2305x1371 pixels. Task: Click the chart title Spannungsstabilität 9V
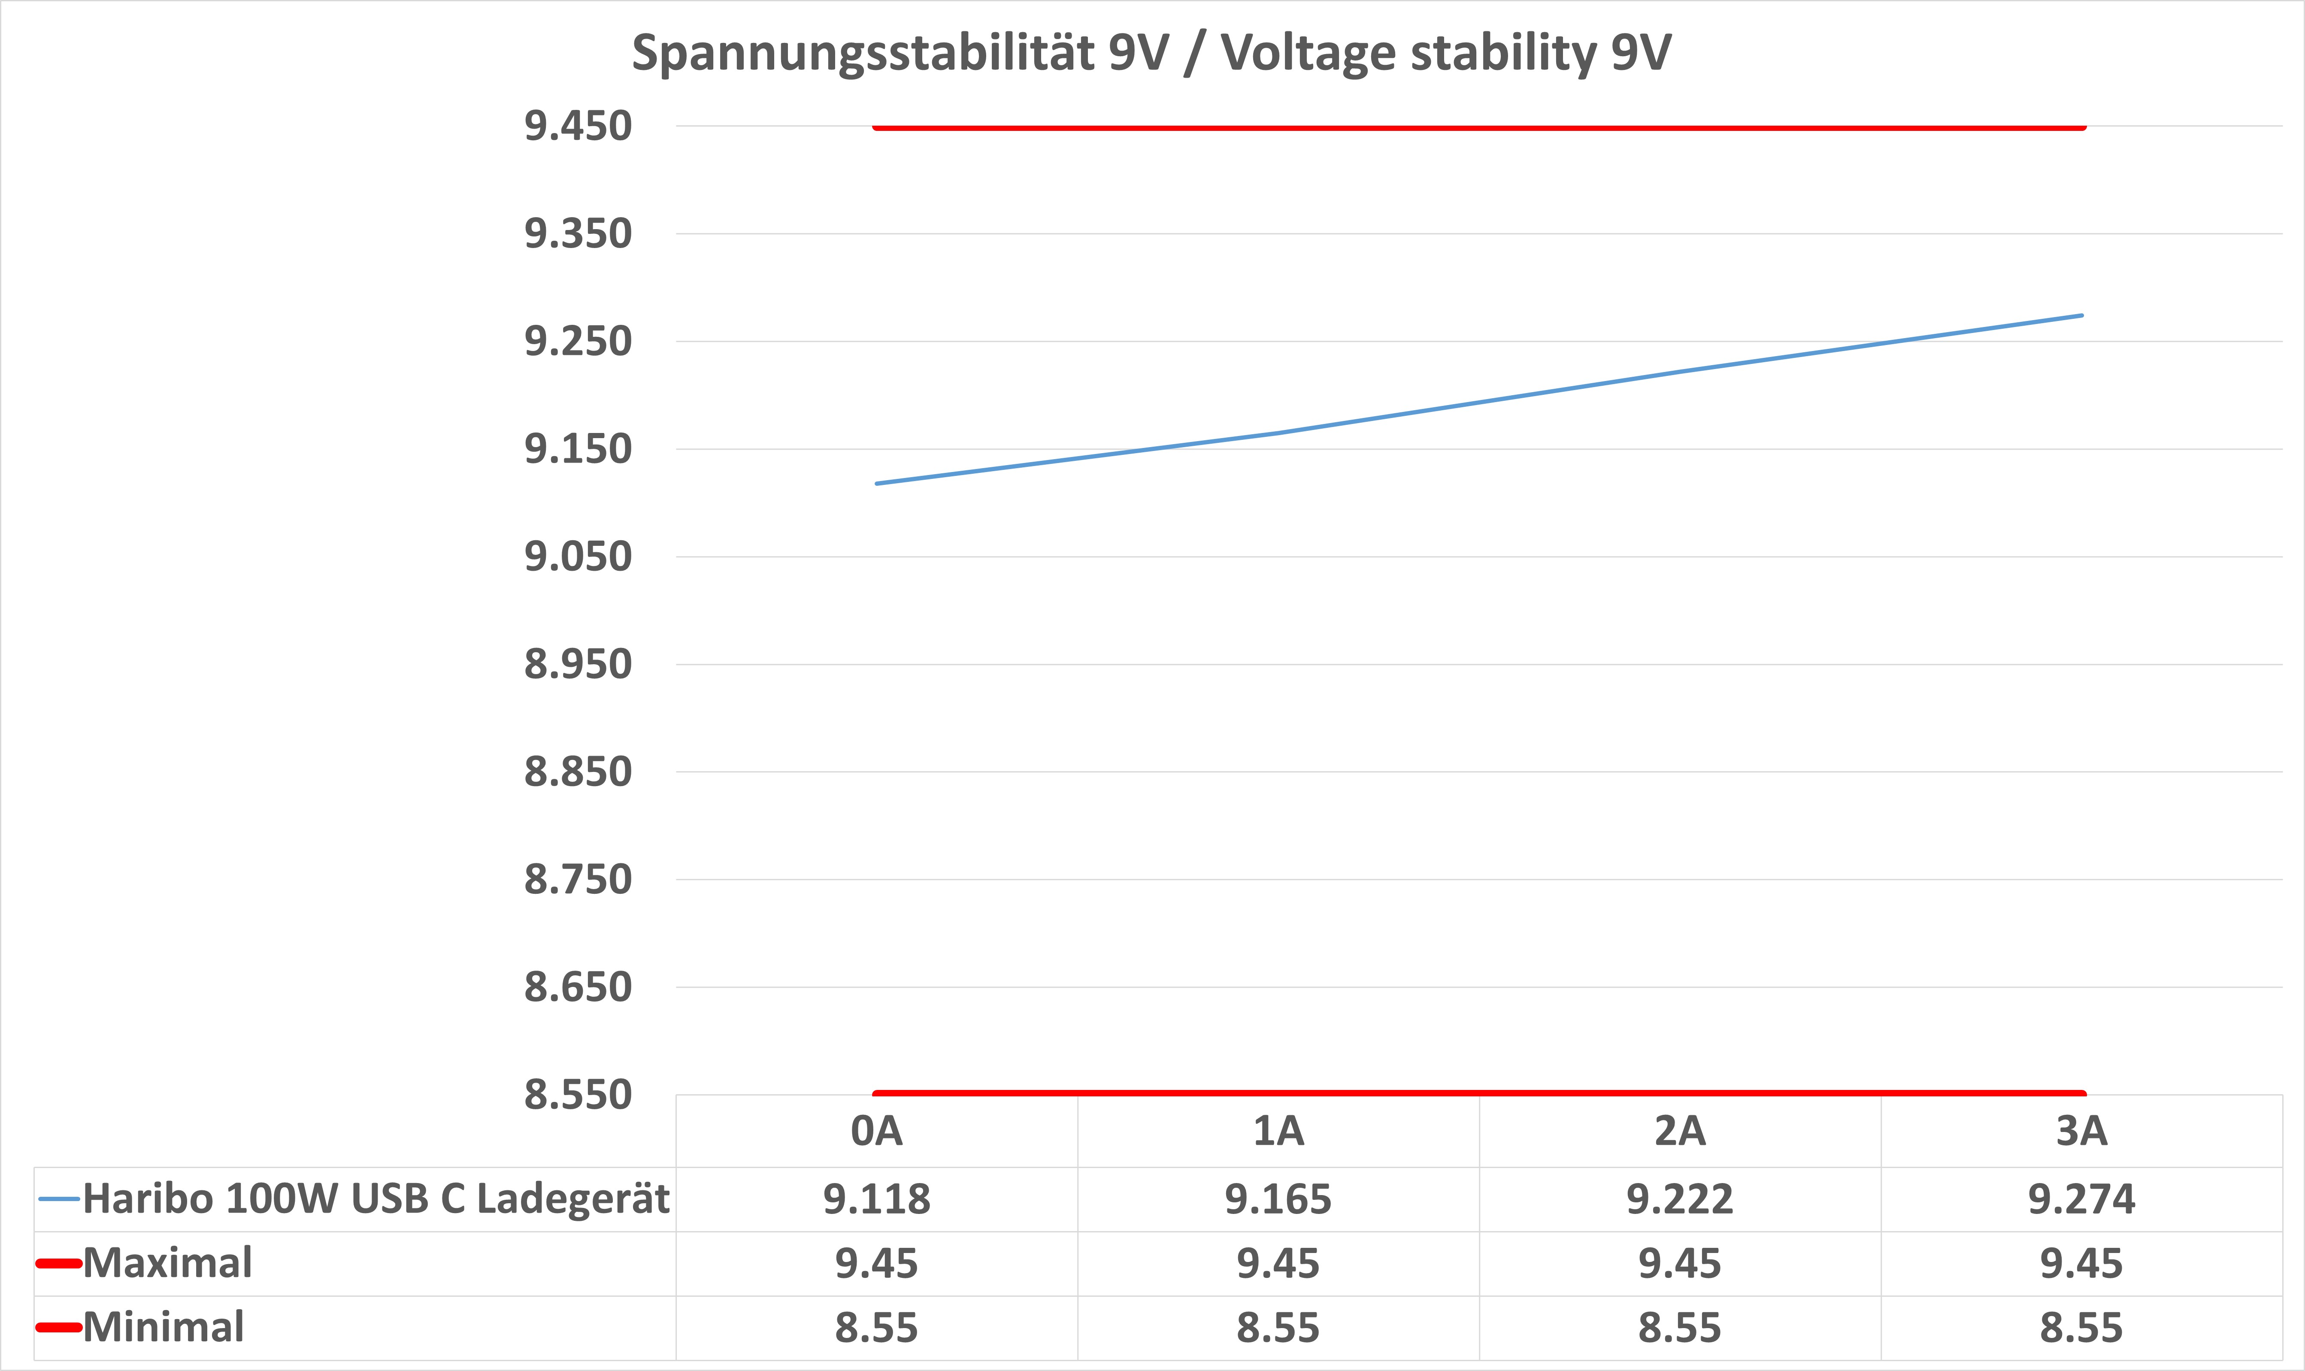coord(1151,53)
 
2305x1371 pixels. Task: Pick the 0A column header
coord(877,1131)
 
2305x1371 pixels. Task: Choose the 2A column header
coord(1680,1131)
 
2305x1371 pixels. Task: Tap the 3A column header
coord(2081,1131)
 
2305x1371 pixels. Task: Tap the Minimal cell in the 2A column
coord(1680,1328)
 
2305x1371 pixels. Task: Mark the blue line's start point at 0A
coord(877,483)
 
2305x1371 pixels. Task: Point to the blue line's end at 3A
coord(2081,315)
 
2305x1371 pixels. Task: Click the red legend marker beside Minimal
coord(58,1328)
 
